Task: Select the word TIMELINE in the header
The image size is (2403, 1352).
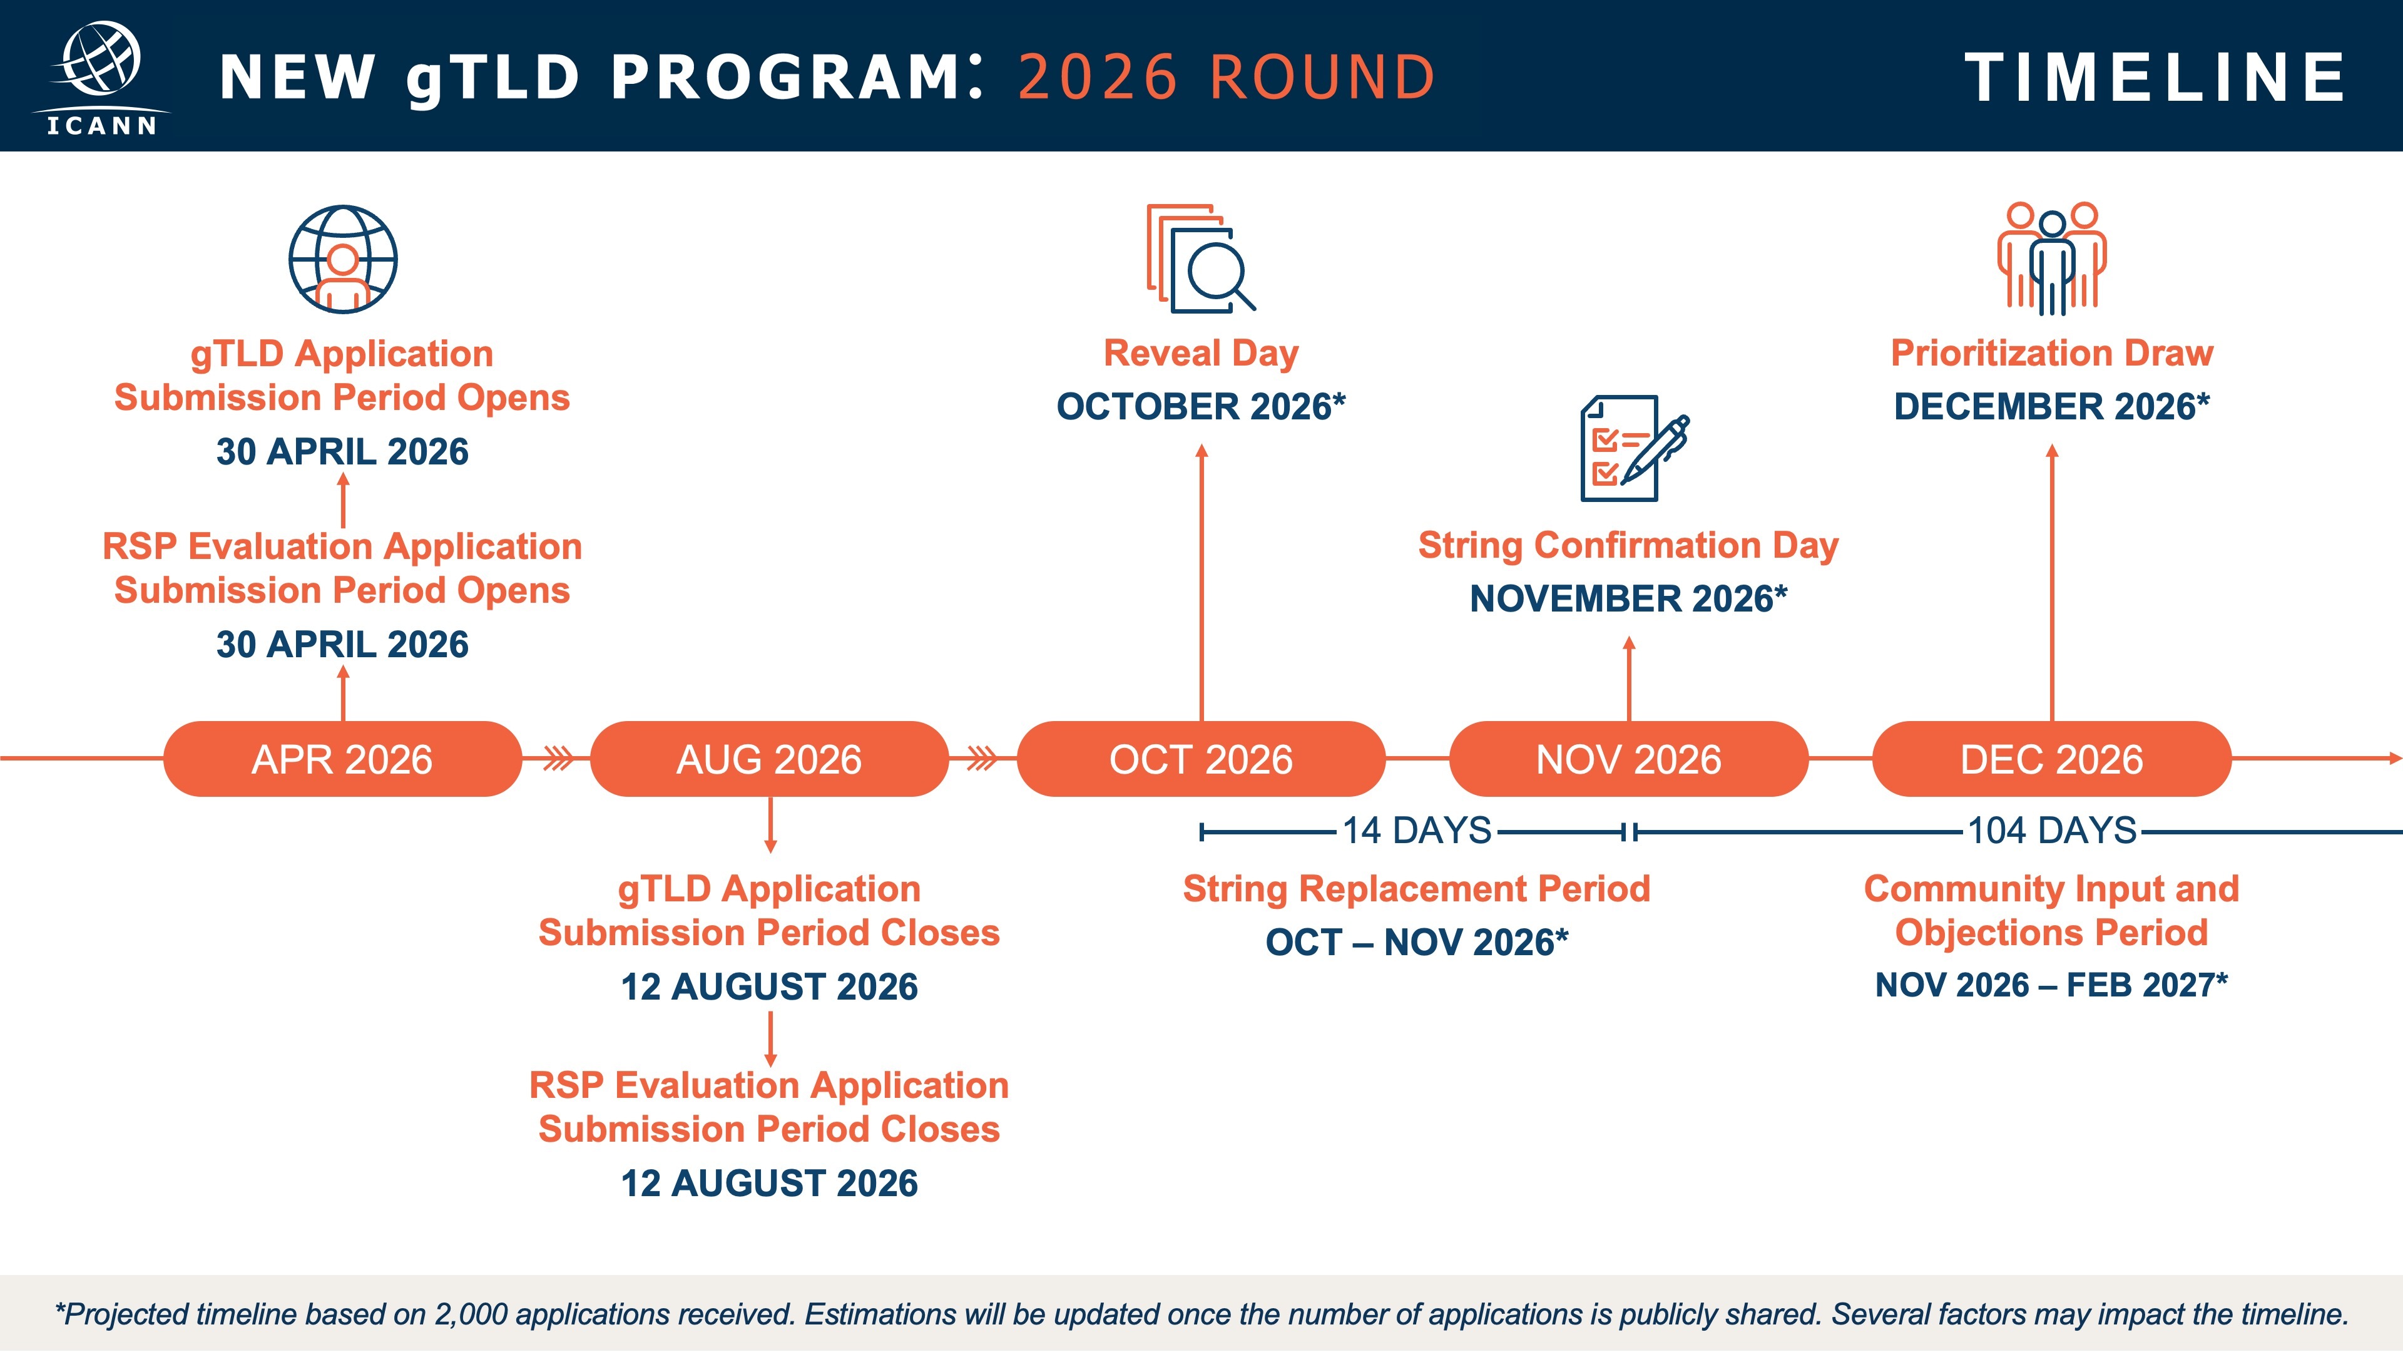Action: [2155, 78]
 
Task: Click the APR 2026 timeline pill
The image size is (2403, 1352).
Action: [342, 759]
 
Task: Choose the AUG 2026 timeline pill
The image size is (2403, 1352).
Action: [768, 759]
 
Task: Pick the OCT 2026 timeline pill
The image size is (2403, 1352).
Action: [1201, 759]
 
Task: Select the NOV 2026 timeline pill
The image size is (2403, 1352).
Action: [1628, 759]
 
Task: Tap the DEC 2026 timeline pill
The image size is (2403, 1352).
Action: [2051, 759]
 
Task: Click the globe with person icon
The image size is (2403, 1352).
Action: [342, 259]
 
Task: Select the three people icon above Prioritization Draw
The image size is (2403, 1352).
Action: [2051, 259]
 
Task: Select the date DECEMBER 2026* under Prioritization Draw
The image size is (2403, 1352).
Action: [2051, 407]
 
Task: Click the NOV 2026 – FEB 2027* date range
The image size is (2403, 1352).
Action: [2051, 985]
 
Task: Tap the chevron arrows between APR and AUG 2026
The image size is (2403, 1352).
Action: [558, 759]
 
